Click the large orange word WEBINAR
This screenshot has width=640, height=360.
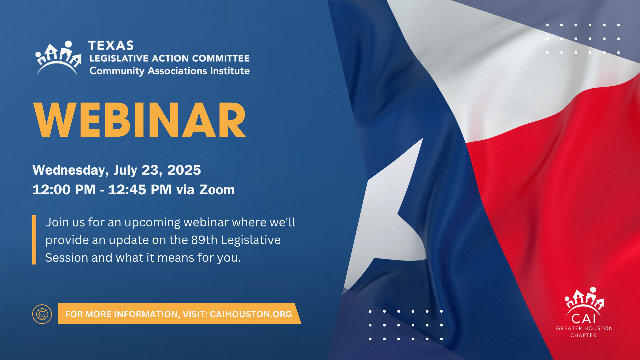click(x=140, y=120)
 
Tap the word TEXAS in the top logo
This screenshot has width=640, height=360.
click(x=111, y=45)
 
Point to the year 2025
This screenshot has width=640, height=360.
click(x=184, y=170)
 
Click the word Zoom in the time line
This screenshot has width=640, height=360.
click(x=217, y=190)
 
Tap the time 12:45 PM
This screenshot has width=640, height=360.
click(x=140, y=190)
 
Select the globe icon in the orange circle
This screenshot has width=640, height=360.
click(x=42, y=314)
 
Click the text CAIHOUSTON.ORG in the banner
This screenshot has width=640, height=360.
click(x=251, y=314)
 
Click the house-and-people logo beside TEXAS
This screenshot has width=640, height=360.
click(x=58, y=58)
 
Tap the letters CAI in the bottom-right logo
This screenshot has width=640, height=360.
click(x=583, y=319)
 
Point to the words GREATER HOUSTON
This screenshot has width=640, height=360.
click(x=584, y=328)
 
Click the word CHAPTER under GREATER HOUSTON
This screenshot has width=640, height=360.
click(x=583, y=335)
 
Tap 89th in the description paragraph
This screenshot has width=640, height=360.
click(x=204, y=240)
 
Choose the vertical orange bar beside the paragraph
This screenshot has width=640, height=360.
click(x=34, y=240)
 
